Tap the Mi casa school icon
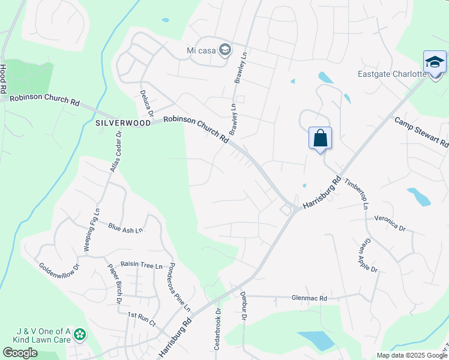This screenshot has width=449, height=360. pyautogui.click(x=225, y=50)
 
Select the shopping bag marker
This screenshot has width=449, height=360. pyautogui.click(x=321, y=139)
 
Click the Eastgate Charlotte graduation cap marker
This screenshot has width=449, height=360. pyautogui.click(x=435, y=62)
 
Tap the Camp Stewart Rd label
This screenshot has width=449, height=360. pyautogui.click(x=421, y=132)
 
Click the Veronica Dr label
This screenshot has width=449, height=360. pyautogui.click(x=390, y=223)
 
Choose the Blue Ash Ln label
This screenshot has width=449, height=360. pyautogui.click(x=125, y=228)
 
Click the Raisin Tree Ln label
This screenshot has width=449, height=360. pyautogui.click(x=142, y=265)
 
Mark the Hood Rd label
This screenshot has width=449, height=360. pyautogui.click(x=4, y=79)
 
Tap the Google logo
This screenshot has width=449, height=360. pyautogui.click(x=20, y=353)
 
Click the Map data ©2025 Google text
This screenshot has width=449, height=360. pyautogui.click(x=412, y=355)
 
